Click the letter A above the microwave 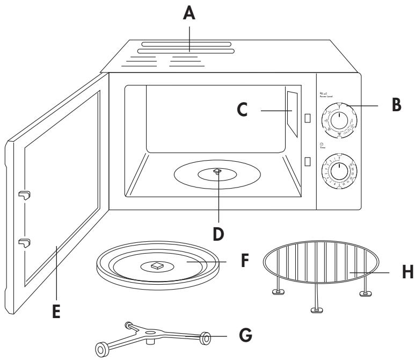pyautogui.click(x=190, y=12)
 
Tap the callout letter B pyautogui.click(x=396, y=104)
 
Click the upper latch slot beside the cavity pyautogui.click(x=307, y=118)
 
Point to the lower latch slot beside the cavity pyautogui.click(x=307, y=161)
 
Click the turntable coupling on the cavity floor pyautogui.click(x=217, y=171)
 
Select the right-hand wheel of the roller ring pyautogui.click(x=206, y=339)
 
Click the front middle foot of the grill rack pyautogui.click(x=316, y=310)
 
